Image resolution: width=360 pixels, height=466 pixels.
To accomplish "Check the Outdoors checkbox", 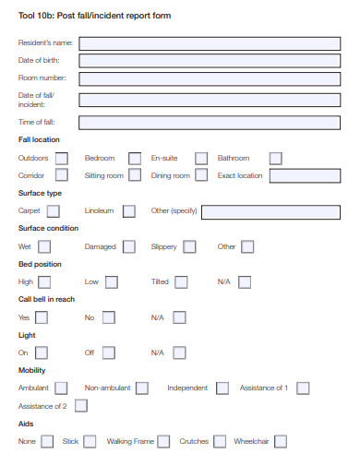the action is [x=61, y=158].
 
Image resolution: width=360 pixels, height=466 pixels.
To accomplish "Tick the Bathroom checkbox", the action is [x=275, y=158].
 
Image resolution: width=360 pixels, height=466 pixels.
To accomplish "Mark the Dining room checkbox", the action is [x=201, y=175].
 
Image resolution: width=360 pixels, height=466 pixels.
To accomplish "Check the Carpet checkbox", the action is [x=54, y=211].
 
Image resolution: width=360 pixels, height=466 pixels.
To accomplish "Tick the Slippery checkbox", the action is [x=189, y=246].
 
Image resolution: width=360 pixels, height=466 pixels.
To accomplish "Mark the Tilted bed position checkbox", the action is [x=181, y=282].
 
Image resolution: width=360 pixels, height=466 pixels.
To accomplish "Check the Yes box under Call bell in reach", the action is [x=42, y=317].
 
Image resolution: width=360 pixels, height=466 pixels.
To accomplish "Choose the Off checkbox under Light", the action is [x=109, y=352].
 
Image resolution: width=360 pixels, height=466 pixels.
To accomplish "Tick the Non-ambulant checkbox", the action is [x=142, y=388].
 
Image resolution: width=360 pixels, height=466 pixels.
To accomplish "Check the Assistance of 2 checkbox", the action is [x=80, y=405].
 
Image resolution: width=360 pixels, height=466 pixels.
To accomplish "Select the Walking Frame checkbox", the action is [x=162, y=441].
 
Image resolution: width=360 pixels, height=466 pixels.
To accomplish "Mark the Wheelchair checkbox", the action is [x=281, y=441].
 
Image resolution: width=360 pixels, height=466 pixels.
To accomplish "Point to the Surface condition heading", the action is [x=48, y=228].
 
